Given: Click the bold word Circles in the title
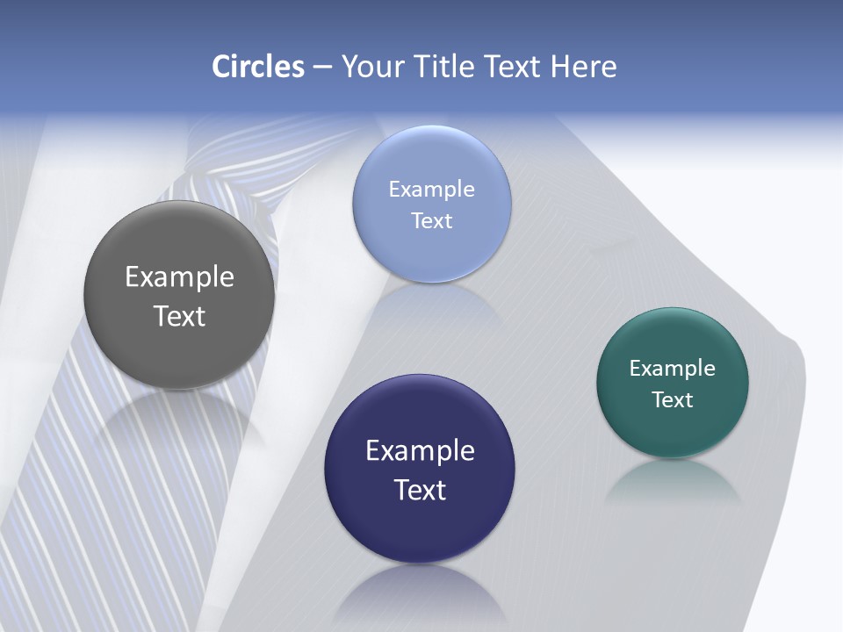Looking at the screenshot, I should click(x=258, y=67).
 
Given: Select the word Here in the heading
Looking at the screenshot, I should click(x=583, y=67).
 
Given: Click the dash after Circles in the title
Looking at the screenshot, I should click(x=322, y=68).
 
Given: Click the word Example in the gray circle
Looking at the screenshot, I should click(x=179, y=277).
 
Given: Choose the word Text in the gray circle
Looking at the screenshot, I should click(x=179, y=316).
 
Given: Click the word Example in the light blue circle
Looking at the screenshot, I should click(x=431, y=190).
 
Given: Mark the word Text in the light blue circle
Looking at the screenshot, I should click(x=431, y=221).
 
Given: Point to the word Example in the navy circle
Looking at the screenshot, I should click(x=420, y=451).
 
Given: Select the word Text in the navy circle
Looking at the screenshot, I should click(x=420, y=490).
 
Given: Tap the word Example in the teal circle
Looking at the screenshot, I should click(x=673, y=369).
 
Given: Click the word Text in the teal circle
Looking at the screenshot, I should click(x=673, y=400).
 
